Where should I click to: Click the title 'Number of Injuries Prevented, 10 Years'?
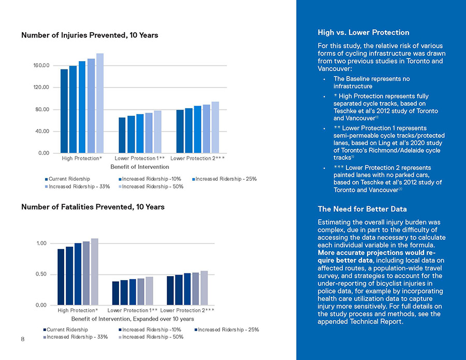tap(90, 35)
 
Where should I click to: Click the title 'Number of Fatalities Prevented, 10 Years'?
tap(93, 207)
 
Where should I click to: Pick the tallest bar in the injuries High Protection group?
tap(100, 104)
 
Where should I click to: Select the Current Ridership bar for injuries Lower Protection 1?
tap(122, 135)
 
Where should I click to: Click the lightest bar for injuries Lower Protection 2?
tap(215, 127)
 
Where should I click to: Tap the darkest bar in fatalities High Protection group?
tap(61, 277)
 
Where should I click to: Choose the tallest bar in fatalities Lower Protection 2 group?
tap(204, 288)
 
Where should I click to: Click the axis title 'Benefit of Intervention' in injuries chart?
tap(140, 167)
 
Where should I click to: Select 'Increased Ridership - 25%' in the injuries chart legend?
tap(226, 179)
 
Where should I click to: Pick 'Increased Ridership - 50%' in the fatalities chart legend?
tap(153, 337)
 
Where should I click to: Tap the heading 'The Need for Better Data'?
tap(362, 209)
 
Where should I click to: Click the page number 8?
tap(23, 339)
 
